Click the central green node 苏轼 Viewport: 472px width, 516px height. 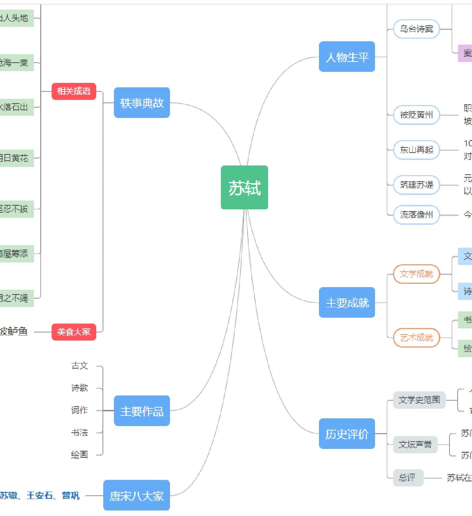(244, 188)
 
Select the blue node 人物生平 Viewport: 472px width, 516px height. (347, 57)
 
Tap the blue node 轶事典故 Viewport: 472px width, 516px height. (142, 103)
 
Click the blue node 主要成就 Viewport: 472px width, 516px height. (347, 303)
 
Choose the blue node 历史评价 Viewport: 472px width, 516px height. (347, 434)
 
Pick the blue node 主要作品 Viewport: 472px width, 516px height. (142, 411)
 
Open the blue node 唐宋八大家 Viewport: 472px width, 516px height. (136, 495)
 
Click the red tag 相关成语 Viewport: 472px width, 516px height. (74, 91)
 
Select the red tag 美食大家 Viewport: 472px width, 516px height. (74, 332)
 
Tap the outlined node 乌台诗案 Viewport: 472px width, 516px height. (416, 29)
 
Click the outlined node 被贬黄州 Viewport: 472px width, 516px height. (416, 115)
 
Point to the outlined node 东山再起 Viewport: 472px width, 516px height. (416, 150)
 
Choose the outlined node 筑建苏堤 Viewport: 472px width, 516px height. (416, 185)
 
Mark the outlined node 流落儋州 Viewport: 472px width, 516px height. (416, 215)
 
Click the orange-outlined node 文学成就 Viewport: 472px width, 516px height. (416, 274)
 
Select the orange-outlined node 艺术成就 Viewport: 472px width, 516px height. (416, 338)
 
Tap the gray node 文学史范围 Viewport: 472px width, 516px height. (419, 400)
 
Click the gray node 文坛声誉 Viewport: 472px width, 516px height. (415, 444)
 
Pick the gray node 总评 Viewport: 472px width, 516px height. (407, 478)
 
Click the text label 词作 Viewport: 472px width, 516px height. (80, 410)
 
